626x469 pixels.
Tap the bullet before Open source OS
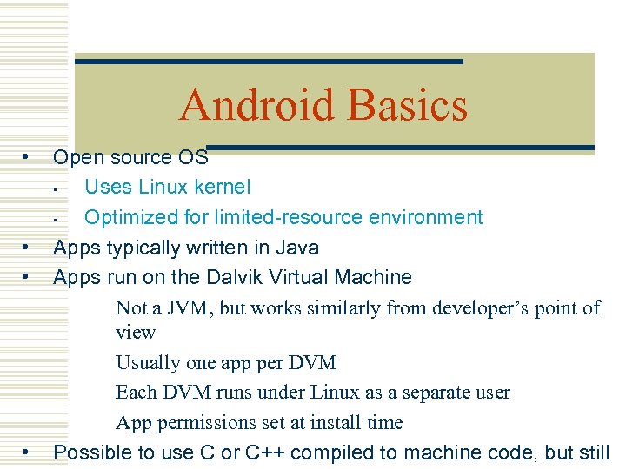pyautogui.click(x=28, y=157)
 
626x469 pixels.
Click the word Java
pyautogui.click(x=297, y=248)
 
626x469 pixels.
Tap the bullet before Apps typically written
pyautogui.click(x=28, y=248)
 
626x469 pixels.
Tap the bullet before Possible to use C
pyautogui.click(x=28, y=452)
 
